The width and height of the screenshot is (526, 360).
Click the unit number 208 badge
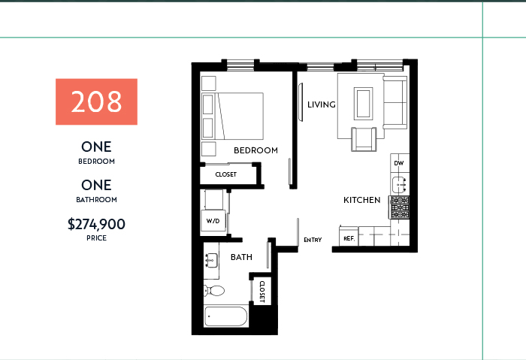(x=96, y=101)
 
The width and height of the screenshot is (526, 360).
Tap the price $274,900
(x=96, y=224)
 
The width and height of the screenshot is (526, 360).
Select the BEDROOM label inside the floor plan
(x=255, y=150)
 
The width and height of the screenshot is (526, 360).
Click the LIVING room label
(x=322, y=104)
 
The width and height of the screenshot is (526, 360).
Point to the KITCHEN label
(x=362, y=200)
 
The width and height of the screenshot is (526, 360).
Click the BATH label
(x=241, y=257)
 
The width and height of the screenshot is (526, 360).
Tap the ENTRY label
(x=313, y=240)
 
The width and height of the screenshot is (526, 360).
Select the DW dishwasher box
(x=400, y=163)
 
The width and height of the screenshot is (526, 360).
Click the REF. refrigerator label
(x=349, y=238)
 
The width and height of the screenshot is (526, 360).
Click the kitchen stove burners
(x=400, y=207)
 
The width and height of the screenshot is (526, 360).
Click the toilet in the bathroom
(x=213, y=291)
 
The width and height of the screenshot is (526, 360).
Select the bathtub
(x=225, y=316)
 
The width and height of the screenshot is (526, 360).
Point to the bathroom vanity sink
(x=211, y=260)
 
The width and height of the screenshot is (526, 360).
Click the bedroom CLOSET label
(x=225, y=174)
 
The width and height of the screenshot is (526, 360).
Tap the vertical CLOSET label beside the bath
(x=262, y=292)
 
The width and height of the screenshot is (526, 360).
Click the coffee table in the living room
(x=363, y=103)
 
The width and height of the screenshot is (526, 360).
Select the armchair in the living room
(x=364, y=139)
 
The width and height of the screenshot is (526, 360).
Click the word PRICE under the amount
(x=97, y=238)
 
